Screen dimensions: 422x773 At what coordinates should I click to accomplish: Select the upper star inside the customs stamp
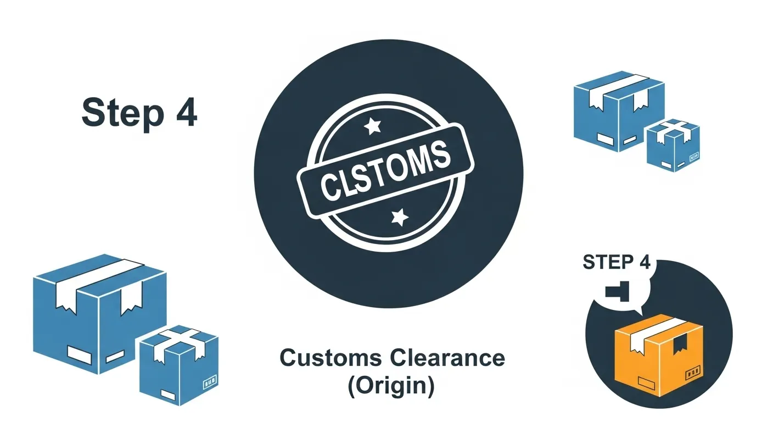pos(373,127)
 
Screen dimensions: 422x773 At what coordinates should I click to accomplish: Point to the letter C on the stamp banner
pos(328,187)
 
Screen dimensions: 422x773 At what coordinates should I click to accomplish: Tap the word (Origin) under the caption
pos(391,385)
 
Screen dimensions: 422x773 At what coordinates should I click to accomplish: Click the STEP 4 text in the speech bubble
pos(616,263)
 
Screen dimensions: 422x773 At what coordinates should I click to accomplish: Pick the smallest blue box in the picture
pos(673,146)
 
